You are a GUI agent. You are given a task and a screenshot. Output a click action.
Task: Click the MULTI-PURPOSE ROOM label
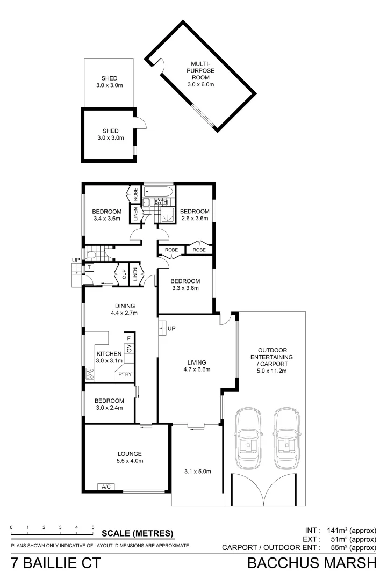coord(200,74)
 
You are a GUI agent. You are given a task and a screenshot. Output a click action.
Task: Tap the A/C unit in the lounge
coord(105,487)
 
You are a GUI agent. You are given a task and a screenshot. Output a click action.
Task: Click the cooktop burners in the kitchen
coord(90,374)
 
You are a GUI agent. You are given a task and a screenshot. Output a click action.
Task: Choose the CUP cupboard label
coord(124,274)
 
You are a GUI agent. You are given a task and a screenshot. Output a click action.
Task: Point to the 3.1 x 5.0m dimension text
coord(197,472)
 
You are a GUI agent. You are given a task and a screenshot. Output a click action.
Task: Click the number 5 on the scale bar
coord(93,527)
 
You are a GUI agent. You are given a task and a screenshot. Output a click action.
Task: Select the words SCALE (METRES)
coord(138,533)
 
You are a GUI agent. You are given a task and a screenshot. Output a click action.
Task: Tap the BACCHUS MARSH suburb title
coord(312,563)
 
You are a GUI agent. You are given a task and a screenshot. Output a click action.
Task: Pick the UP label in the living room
coord(171,328)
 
